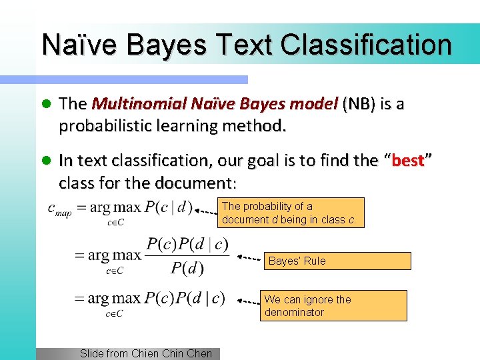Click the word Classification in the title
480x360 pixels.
[x=366, y=45]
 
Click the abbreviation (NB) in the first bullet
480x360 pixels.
[x=359, y=104]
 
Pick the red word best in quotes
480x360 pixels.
[x=408, y=161]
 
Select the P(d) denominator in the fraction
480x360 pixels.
[x=187, y=268]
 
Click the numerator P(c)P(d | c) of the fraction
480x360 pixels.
[x=187, y=244]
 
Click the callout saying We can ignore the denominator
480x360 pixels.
[x=333, y=305]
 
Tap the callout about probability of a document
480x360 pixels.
[x=291, y=213]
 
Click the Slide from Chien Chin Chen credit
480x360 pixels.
[x=145, y=354]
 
